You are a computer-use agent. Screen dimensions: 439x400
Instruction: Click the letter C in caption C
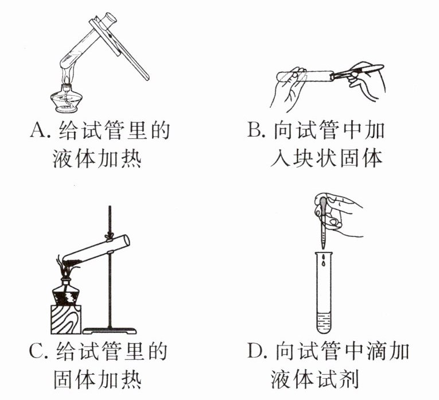(36, 351)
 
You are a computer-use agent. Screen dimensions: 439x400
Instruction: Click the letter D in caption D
(255, 351)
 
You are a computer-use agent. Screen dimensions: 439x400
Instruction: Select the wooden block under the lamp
(66, 320)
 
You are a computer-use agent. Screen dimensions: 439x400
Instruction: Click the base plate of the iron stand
(110, 331)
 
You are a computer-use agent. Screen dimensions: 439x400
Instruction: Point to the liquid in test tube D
(324, 323)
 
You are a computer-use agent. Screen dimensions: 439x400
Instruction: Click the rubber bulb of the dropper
(323, 204)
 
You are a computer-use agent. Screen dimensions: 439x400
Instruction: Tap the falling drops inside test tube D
(324, 261)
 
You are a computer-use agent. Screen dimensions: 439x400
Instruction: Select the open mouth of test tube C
(127, 240)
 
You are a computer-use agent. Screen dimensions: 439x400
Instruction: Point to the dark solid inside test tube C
(73, 263)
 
